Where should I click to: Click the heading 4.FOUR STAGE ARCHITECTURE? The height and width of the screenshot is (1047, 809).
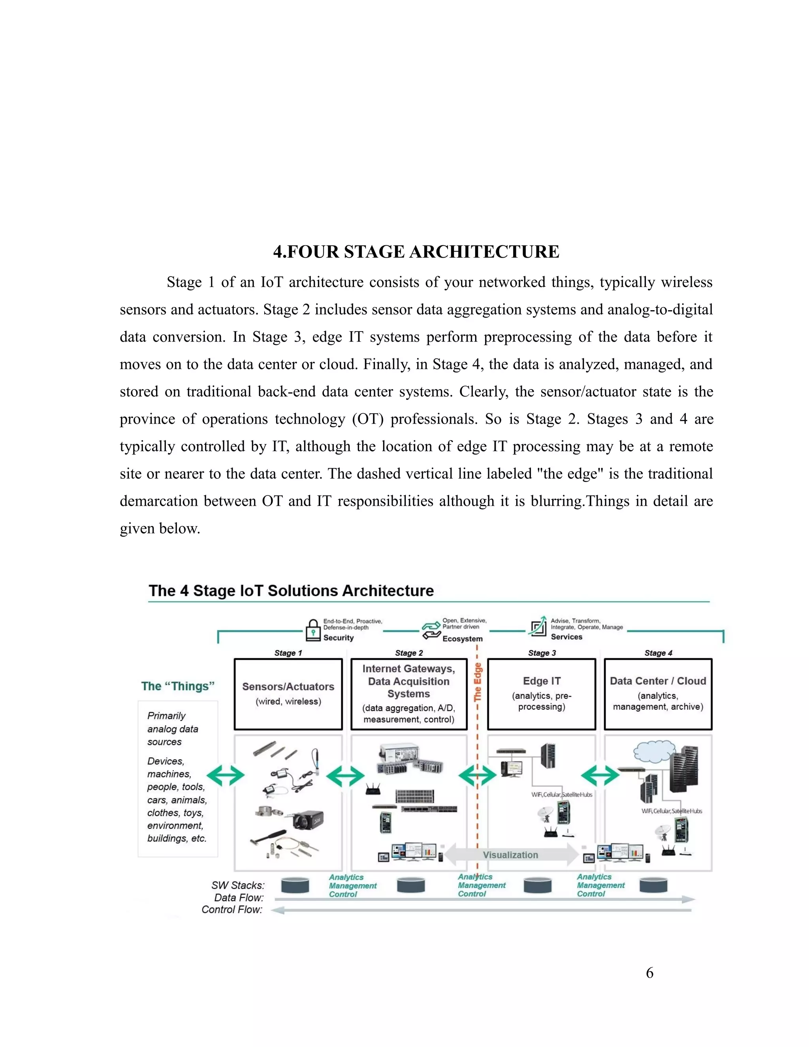pos(416,252)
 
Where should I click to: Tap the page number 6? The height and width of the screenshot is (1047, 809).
pos(649,972)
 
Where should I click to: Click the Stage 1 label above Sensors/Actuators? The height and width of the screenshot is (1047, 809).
pos(288,653)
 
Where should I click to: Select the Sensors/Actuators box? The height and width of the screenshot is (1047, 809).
pos(288,694)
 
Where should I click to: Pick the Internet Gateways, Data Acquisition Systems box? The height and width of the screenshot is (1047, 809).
pos(409,694)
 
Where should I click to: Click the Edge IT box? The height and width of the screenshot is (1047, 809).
pos(542,694)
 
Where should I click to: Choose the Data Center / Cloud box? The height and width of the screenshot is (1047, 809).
pos(658,694)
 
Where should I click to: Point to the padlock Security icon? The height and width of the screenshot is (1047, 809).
pos(313,630)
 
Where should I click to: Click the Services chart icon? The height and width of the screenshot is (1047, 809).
pos(538,627)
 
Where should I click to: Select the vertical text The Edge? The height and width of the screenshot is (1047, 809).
pos(478,682)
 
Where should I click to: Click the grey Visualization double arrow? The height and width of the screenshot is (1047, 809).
pos(511,855)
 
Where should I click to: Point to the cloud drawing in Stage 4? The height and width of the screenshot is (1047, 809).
pos(654,752)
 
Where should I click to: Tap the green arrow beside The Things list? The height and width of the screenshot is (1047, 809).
pos(226,775)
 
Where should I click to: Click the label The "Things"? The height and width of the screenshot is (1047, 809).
pos(178,686)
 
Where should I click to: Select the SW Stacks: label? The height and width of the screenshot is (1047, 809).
pos(238,885)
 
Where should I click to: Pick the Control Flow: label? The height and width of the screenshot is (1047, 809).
pos(232,910)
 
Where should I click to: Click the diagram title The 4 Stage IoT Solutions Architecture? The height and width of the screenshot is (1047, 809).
pos(291,591)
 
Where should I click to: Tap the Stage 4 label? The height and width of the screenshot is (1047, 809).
pos(658,653)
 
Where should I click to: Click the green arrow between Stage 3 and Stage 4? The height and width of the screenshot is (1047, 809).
pos(600,775)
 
